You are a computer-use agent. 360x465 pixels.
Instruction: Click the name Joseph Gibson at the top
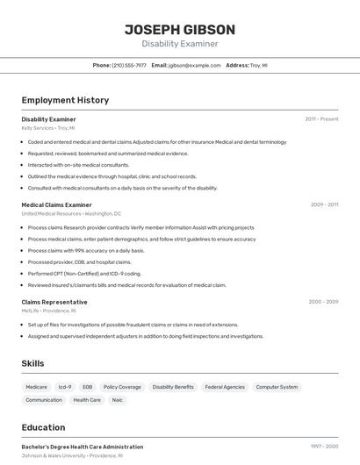180,29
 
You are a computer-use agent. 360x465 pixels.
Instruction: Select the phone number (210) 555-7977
129,65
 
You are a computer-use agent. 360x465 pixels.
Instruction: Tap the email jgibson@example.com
194,65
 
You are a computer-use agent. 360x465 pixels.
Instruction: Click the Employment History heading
65,100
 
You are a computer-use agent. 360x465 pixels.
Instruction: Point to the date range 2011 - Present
321,118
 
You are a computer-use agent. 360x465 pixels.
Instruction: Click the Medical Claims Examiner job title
56,204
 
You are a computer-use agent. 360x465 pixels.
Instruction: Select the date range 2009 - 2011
324,204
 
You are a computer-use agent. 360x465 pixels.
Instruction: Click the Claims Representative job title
54,302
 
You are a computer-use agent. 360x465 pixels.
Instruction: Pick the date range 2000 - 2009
323,302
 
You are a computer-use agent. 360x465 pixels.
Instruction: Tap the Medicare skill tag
37,387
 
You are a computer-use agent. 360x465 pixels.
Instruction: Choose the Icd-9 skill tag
65,387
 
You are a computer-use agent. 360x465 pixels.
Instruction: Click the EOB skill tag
87,387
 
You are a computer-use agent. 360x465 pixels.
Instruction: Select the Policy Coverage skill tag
122,387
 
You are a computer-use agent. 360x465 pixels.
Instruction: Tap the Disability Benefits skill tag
173,387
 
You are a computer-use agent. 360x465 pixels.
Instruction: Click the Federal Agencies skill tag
225,387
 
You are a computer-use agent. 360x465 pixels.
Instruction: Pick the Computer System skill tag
277,387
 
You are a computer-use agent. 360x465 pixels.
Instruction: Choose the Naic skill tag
117,400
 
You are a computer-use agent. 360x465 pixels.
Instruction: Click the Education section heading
43,427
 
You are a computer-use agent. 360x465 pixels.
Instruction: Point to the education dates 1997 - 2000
324,447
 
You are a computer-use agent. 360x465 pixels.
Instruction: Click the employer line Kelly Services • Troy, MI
48,128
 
